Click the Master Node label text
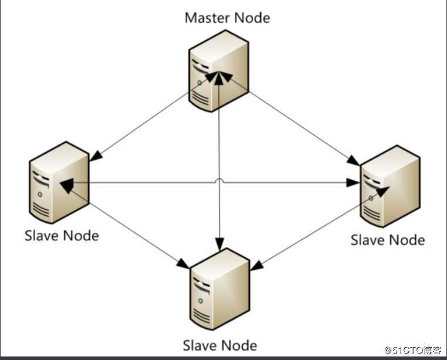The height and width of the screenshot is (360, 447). tap(227, 18)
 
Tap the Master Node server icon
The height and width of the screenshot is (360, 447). tap(218, 73)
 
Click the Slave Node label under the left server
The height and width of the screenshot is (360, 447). tap(62, 236)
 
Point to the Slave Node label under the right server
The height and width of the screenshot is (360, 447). tap(387, 240)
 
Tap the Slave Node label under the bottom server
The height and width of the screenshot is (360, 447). tap(220, 345)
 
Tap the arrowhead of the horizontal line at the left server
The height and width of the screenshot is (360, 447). tap(67, 184)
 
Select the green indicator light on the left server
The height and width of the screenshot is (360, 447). tap(40, 193)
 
